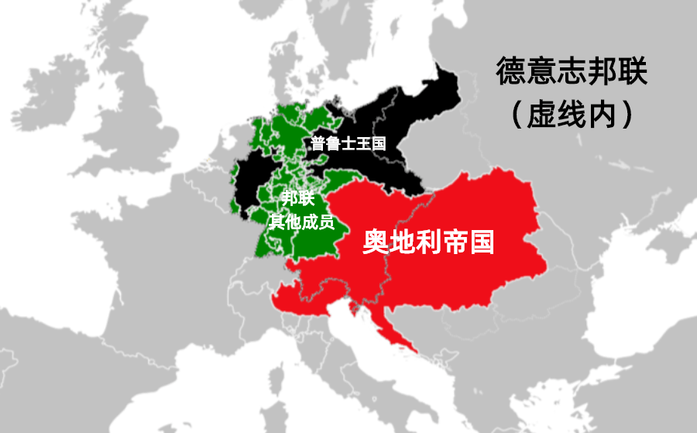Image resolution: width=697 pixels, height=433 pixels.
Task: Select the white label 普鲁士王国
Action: click(x=348, y=143)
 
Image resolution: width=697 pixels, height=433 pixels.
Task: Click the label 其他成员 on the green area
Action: click(x=300, y=222)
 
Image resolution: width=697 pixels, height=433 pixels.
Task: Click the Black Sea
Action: click(x=658, y=341)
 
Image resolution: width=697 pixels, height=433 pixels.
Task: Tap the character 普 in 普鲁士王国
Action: click(x=318, y=143)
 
